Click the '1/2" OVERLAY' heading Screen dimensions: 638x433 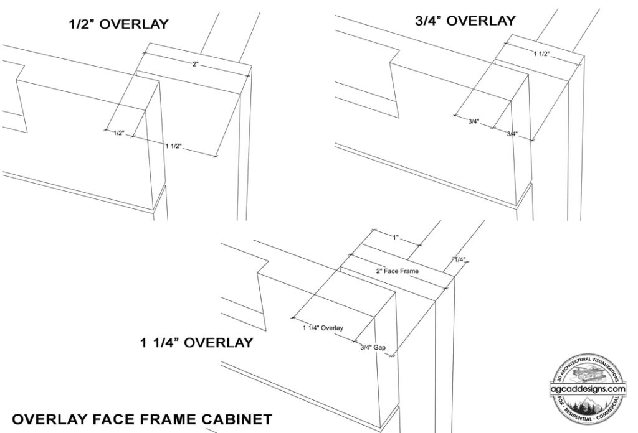tap(118, 24)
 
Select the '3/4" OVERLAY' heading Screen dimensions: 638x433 tap(465, 21)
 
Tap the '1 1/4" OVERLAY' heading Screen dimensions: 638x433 tap(196, 342)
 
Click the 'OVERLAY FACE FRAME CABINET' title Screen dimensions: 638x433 tap(142, 419)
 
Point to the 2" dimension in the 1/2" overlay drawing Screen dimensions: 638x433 tap(195, 64)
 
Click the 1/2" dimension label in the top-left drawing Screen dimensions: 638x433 tap(118, 133)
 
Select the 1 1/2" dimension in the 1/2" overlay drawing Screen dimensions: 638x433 tap(173, 146)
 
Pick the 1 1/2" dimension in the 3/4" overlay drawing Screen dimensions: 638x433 tap(541, 54)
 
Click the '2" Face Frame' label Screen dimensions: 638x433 tap(397, 271)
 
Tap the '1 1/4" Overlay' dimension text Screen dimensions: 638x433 tap(323, 328)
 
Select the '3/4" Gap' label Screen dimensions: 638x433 tap(373, 347)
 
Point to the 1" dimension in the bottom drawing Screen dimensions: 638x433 tap(396, 238)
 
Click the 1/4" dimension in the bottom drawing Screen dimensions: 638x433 tap(460, 259)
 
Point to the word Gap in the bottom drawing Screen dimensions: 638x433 tap(379, 348)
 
